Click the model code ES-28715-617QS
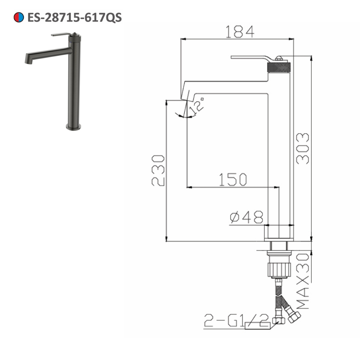(75, 17)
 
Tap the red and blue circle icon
(19, 17)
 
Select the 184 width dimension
(239, 32)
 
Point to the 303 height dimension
(302, 148)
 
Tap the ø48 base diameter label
(246, 217)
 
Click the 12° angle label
(197, 106)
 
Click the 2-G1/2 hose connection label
(236, 320)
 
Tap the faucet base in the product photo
(73, 126)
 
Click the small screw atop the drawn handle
(279, 58)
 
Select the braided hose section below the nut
(278, 292)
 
